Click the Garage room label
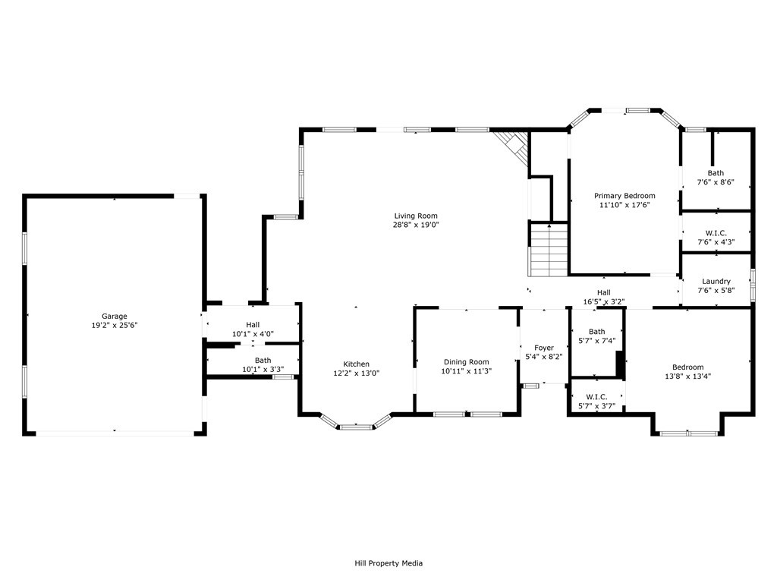coord(115,317)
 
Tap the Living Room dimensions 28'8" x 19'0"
coord(417,225)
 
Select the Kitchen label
coord(357,364)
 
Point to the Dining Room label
coord(467,362)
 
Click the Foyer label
coord(544,348)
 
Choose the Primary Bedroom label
coord(625,196)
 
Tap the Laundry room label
coord(716,282)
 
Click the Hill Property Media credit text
coord(388,563)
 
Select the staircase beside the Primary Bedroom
coord(549,249)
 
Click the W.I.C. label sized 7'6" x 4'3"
coord(716,233)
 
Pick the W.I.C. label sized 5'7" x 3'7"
coord(596,397)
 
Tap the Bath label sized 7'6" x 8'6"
coord(716,173)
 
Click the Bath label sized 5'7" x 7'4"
coord(597,332)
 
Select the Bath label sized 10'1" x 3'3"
coord(263,361)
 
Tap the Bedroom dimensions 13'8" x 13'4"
coord(687,377)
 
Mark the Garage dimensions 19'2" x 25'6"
coord(115,325)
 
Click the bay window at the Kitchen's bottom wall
coord(356,422)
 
